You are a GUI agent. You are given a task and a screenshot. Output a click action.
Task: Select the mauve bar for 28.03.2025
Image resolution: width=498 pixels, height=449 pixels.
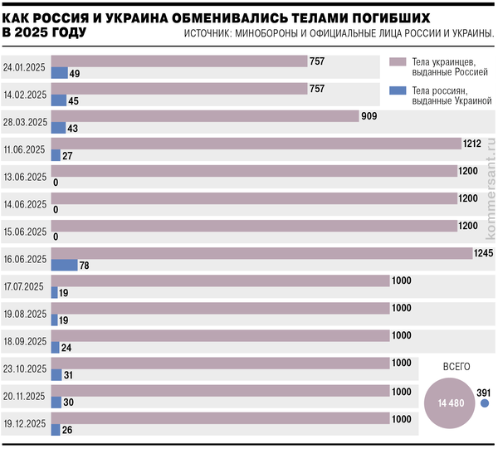click(204, 116)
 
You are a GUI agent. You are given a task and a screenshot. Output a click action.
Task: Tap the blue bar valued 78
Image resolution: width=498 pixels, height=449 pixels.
click(64, 265)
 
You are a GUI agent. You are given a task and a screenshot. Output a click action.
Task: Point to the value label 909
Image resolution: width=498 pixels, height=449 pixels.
click(369, 116)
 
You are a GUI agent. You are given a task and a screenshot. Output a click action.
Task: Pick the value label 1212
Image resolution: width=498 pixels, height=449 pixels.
click(472, 144)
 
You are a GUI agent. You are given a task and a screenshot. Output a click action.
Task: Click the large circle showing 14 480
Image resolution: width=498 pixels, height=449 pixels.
click(451, 403)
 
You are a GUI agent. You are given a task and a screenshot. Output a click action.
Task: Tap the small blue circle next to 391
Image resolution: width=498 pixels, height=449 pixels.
click(485, 403)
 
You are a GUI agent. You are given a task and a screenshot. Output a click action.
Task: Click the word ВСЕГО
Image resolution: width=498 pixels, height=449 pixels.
click(456, 366)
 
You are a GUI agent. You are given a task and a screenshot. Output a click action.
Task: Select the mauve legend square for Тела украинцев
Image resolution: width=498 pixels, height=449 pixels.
click(396, 62)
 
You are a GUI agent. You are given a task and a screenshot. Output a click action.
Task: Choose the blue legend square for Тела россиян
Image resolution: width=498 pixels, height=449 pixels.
click(396, 90)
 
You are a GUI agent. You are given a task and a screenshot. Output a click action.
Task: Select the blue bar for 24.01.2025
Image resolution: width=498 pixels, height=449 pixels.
click(59, 73)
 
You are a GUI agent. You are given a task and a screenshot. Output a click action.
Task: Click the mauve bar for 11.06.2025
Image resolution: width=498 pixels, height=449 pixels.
click(256, 144)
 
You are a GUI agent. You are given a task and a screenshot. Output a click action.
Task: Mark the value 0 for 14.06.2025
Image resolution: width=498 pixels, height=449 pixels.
click(55, 209)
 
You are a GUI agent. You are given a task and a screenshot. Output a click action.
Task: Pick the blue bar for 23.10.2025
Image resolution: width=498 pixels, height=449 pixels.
click(56, 374)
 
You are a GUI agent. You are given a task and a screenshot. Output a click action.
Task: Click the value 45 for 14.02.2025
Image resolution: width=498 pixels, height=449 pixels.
click(74, 101)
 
